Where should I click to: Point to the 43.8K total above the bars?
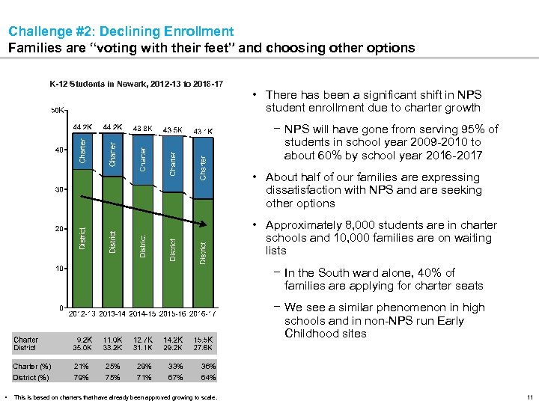[x=141, y=128]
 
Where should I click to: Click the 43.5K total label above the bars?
[x=172, y=129]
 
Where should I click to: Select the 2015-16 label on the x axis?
[x=173, y=314]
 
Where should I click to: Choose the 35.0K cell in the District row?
[x=83, y=348]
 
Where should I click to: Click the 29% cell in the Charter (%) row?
[x=142, y=367]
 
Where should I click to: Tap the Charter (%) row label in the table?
[x=31, y=367]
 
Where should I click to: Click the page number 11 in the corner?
[x=529, y=397]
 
